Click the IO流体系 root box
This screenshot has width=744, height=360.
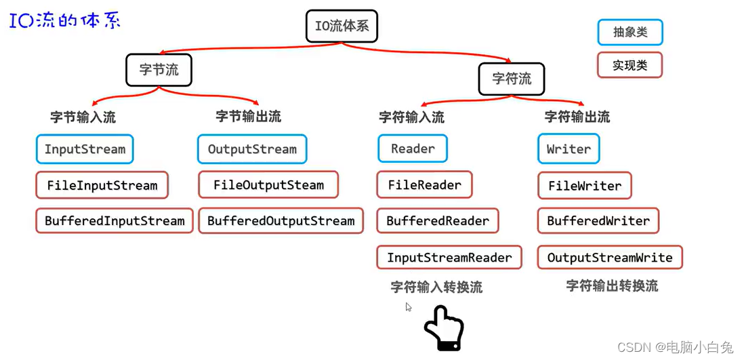tap(342, 27)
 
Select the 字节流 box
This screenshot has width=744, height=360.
tap(159, 69)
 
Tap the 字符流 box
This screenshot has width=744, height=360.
tap(512, 79)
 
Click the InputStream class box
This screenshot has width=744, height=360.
tap(85, 149)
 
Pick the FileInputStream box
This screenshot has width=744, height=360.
tap(102, 185)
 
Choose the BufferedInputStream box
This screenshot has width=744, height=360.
tap(115, 221)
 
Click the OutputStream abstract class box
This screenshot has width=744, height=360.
tap(252, 149)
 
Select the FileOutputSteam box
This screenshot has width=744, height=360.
tap(268, 185)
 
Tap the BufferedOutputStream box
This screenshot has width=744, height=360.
tap(281, 221)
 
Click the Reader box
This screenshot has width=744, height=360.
tap(413, 148)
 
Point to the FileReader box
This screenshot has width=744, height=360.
tap(424, 184)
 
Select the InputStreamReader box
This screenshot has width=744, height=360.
tap(449, 258)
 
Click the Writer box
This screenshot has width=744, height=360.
tap(569, 149)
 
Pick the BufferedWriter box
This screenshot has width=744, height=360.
tap(598, 221)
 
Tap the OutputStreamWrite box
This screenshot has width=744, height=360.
tap(610, 258)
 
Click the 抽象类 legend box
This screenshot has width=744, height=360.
tap(629, 32)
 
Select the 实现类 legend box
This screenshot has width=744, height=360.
tap(629, 65)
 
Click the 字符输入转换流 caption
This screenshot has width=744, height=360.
tap(436, 287)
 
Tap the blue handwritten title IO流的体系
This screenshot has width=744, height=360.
tap(65, 20)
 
